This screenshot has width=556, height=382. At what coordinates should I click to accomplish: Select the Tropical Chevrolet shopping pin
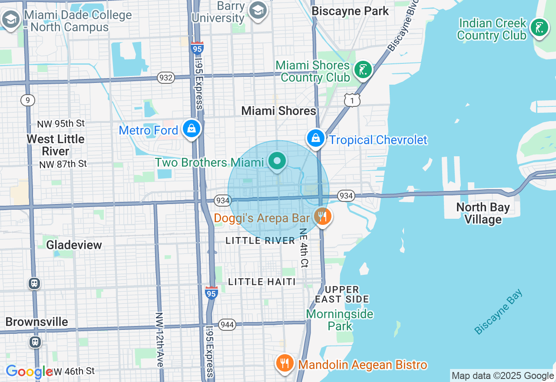[316, 138]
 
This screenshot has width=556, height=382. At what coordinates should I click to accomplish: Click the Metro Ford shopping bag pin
[191, 128]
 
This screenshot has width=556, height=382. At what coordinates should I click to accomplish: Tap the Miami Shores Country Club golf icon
[363, 69]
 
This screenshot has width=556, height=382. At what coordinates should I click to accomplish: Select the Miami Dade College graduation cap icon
[10, 19]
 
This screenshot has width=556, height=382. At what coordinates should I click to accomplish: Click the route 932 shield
[166, 78]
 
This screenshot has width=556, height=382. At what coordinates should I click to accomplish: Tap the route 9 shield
[27, 101]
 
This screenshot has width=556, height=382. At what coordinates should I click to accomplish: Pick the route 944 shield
[227, 325]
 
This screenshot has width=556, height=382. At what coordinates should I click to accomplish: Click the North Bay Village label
[483, 213]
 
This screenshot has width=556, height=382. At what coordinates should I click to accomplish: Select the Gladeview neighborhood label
[74, 245]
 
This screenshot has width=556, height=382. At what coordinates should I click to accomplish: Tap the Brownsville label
[37, 322]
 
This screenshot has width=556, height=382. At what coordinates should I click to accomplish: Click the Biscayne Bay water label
[498, 312]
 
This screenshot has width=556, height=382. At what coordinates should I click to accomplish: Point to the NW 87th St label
[63, 164]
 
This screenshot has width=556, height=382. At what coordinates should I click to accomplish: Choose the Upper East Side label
[342, 294]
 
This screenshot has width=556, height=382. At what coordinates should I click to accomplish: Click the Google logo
[29, 372]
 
